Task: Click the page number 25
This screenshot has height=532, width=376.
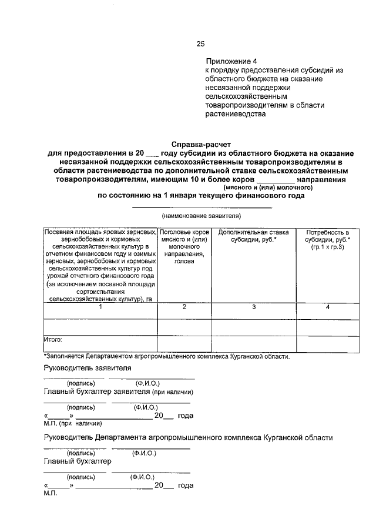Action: [x=201, y=44]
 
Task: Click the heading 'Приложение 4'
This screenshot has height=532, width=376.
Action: [x=231, y=61]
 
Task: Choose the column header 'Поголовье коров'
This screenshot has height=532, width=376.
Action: [x=184, y=246]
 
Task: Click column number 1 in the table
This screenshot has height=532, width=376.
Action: [x=100, y=307]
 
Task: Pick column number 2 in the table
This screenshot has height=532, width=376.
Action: [x=184, y=307]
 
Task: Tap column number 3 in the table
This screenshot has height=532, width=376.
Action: [x=254, y=307]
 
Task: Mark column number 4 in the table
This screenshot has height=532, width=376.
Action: [x=328, y=307]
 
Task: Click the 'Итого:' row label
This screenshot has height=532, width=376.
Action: [x=53, y=339]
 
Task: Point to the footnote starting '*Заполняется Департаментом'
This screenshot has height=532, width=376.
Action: [x=166, y=356]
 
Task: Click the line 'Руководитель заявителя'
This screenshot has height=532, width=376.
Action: [x=88, y=368]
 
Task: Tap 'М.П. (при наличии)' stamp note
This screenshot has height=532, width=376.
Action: [x=73, y=423]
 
